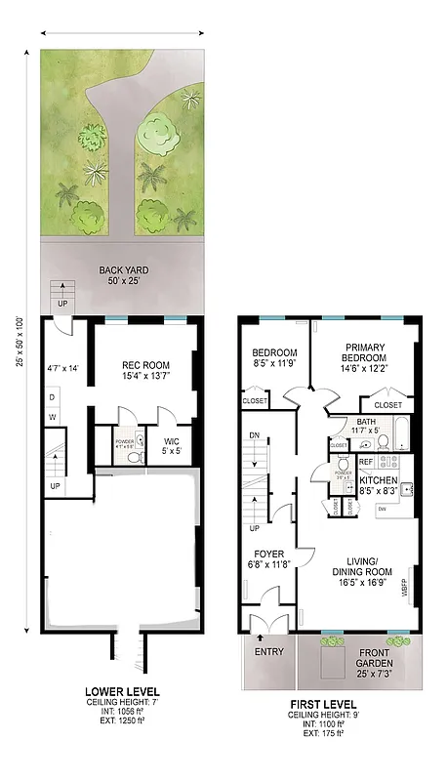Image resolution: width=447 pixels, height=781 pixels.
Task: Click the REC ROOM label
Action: tap(145, 366)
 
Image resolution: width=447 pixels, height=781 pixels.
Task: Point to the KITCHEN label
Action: tap(379, 481)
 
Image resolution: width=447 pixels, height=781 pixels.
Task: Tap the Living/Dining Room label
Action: tap(356, 571)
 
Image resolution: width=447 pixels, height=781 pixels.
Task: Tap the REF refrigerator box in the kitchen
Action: tap(366, 462)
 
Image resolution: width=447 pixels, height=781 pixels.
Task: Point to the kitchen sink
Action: tap(409, 487)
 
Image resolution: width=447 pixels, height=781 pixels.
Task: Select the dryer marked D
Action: tap(53, 397)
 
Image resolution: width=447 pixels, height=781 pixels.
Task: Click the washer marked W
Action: tap(53, 418)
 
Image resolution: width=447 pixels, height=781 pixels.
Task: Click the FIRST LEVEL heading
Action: tap(323, 703)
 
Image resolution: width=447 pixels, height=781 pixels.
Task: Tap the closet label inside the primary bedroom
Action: tap(387, 404)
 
